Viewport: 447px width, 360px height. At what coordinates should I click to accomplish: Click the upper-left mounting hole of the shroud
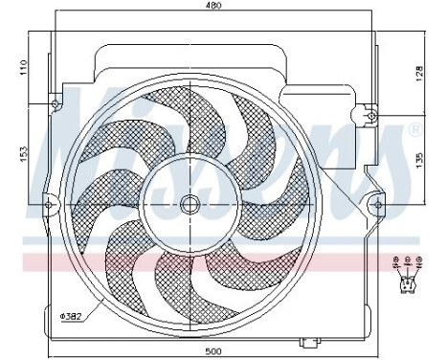click(56, 104)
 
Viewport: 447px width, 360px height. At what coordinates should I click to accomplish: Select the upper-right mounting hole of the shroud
click(370, 114)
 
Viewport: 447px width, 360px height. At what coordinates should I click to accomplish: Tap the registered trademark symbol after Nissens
click(413, 128)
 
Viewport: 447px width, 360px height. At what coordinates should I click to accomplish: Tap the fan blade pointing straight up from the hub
click(191, 124)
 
